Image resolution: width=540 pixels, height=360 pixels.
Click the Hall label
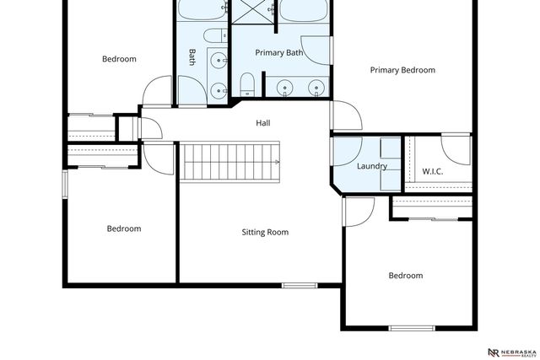coord(263,123)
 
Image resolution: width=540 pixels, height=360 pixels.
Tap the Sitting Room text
coord(265,232)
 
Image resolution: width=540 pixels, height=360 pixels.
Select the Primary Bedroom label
coord(402,70)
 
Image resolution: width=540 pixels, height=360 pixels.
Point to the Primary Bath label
coord(278,52)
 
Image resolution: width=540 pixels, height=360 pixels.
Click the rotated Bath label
coord(192,57)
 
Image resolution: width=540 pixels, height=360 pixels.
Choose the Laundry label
coord(371,166)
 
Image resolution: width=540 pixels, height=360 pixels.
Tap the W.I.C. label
coord(432,172)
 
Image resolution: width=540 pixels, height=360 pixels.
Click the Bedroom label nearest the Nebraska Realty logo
coord(405,276)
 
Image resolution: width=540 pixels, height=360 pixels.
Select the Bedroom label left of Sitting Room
coord(123,228)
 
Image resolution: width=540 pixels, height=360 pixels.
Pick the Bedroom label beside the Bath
coord(119,59)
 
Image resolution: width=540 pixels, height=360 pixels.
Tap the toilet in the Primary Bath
coord(248,83)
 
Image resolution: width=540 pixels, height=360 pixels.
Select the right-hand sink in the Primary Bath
coord(316,87)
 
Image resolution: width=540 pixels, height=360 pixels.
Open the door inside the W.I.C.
coord(456,149)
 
